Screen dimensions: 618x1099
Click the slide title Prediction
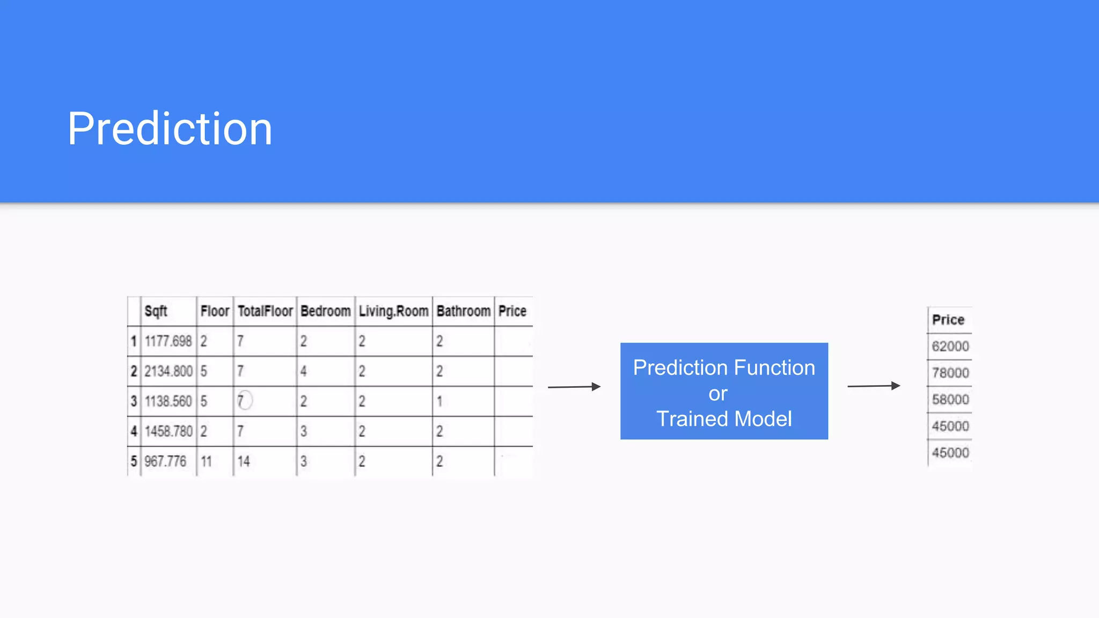pos(170,129)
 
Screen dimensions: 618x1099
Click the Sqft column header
pos(156,311)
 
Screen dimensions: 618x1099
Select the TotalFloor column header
pos(265,311)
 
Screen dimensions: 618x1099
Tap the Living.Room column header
pos(393,311)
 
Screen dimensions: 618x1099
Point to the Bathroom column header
pos(463,311)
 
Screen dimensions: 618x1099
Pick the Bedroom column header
pos(325,311)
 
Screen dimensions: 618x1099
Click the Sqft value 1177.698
pos(168,341)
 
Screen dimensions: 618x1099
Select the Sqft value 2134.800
pos(168,371)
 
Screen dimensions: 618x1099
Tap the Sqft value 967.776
pos(165,461)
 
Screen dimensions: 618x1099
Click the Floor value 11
pos(206,461)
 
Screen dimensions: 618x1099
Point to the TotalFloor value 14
pos(244,461)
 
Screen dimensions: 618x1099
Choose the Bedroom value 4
pos(304,371)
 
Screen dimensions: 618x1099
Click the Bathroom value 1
pos(439,401)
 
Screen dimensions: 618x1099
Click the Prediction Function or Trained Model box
pos(724,391)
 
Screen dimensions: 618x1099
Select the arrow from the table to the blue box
pos(574,387)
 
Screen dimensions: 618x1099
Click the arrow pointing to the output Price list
pos(873,386)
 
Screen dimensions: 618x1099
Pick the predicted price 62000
pos(950,346)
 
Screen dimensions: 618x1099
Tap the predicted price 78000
pos(950,373)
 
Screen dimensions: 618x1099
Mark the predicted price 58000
pos(950,400)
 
